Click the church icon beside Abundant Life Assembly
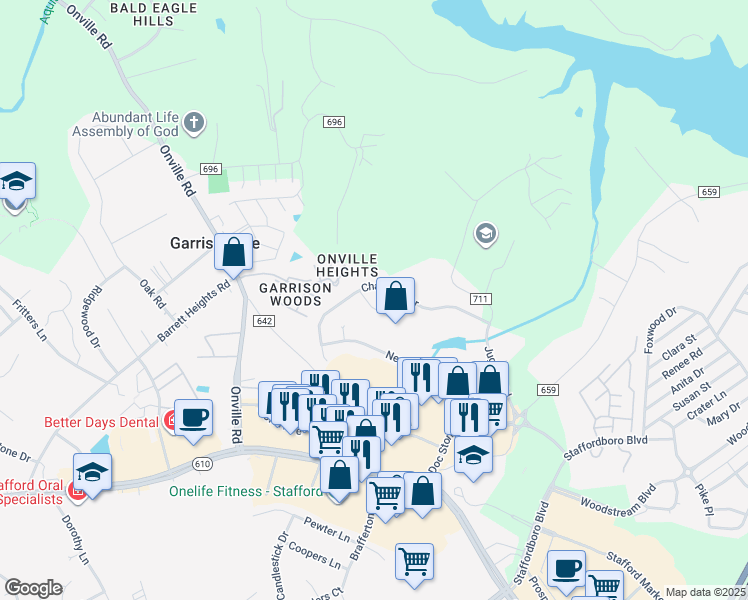[x=194, y=124]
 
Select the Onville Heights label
[x=347, y=264]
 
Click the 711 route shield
[x=479, y=299]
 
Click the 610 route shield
[x=202, y=463]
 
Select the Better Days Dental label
[x=100, y=422]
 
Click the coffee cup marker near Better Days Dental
[x=193, y=417]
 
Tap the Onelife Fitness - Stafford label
[x=246, y=491]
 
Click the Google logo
[x=33, y=587]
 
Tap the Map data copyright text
[x=706, y=592]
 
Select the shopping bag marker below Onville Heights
[x=396, y=296]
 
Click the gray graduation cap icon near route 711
[x=485, y=235]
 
